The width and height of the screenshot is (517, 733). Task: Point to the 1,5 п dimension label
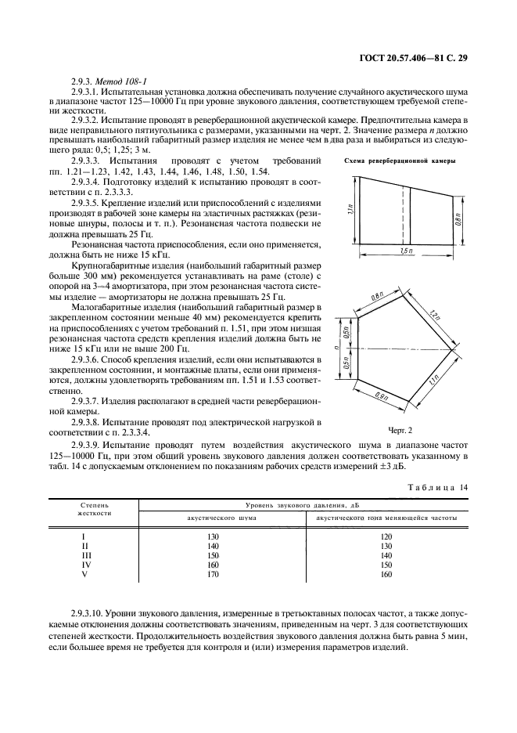click(406, 250)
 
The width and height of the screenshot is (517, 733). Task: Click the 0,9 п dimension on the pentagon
click(383, 396)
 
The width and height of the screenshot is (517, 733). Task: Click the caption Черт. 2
click(399, 430)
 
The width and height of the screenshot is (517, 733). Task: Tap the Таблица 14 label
click(436, 488)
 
